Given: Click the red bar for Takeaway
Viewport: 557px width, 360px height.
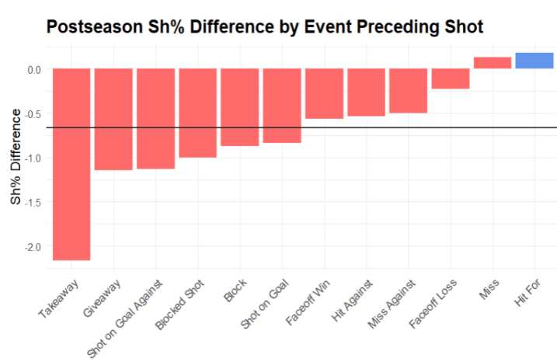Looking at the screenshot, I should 71,164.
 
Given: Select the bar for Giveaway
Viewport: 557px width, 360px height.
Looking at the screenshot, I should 113,119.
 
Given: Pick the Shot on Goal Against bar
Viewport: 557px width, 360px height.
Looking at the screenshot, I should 155,118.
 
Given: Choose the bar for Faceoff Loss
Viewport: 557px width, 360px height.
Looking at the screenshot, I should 451,79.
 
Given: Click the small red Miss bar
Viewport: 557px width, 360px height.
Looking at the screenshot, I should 493,63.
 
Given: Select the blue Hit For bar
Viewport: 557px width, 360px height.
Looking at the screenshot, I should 534,61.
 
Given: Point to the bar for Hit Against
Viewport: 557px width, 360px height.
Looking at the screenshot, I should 366,92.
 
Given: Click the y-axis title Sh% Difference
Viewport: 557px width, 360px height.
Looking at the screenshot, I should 16,157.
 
